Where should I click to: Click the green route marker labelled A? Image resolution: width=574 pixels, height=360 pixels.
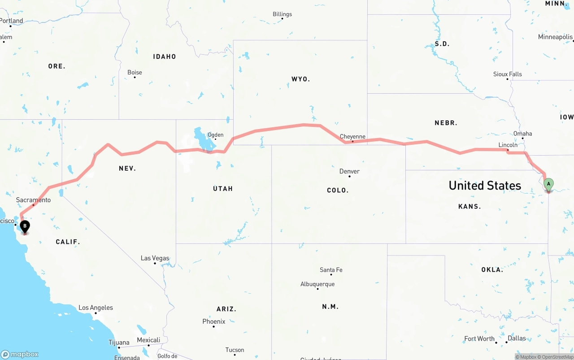pos(548,184)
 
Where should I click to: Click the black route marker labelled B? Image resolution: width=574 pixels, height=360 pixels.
pos(25,226)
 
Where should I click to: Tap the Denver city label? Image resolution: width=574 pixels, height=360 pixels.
pos(349,171)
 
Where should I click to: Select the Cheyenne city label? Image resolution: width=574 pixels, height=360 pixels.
pos(352,137)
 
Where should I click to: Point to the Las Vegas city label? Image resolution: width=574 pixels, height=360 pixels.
pos(155,258)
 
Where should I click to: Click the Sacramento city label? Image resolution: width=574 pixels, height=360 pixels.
pos(33,200)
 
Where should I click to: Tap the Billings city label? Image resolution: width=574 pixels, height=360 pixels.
pos(282,14)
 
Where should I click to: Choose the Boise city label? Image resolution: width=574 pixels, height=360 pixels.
pos(135,72)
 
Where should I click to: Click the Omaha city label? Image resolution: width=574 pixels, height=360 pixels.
pos(523,134)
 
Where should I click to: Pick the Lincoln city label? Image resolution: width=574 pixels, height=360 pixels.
pos(508,145)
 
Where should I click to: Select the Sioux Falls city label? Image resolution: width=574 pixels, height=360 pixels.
pos(508,74)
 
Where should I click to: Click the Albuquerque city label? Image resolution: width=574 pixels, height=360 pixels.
pos(317,284)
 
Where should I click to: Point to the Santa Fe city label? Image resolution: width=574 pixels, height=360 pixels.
pos(331,270)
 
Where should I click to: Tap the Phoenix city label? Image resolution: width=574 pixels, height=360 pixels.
pos(214,321)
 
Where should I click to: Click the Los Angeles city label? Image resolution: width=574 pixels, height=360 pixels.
pos(96,308)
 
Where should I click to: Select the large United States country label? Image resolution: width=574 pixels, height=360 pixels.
pos(485,186)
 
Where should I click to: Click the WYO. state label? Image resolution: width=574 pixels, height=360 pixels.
pos(300,79)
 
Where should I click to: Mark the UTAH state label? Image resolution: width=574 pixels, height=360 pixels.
pos(223,189)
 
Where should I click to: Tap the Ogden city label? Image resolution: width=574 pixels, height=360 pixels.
pos(215,134)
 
